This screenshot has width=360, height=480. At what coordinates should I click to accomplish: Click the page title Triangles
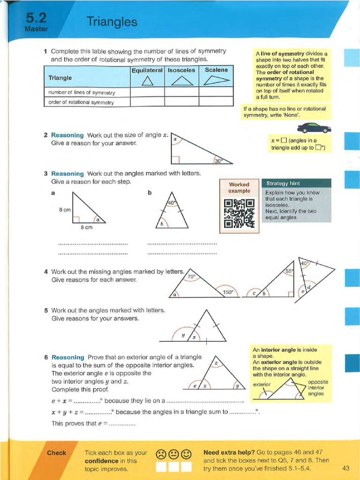coord(112,22)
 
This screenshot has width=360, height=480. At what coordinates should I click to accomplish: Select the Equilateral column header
coord(147,70)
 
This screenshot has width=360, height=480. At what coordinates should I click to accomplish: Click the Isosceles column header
coord(181,70)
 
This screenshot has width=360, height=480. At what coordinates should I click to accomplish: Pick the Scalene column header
coord(216,70)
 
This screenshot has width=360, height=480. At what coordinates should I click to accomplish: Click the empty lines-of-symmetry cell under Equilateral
coord(147,92)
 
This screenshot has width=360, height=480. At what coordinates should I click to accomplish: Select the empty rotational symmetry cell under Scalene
coord(216,102)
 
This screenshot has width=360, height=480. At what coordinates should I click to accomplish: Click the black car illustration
coord(314,127)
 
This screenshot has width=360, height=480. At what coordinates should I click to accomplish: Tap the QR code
coord(239,213)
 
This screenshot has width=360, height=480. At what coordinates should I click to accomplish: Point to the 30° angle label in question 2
coord(217,161)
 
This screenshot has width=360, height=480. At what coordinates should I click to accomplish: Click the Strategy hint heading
coord(283,183)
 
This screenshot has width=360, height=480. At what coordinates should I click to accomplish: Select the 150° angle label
coord(228,292)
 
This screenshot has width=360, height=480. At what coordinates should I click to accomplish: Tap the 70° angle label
coord(191,277)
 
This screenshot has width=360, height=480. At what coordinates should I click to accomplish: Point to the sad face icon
coord(161,454)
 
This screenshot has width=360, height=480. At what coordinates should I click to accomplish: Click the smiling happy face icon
coord(186,454)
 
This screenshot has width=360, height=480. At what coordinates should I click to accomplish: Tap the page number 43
coord(346,468)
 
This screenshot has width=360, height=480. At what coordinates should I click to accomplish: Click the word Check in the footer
coord(56,453)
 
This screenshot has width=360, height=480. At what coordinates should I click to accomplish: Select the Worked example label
coord(239,187)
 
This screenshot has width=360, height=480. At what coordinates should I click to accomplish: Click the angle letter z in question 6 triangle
coord(216,363)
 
